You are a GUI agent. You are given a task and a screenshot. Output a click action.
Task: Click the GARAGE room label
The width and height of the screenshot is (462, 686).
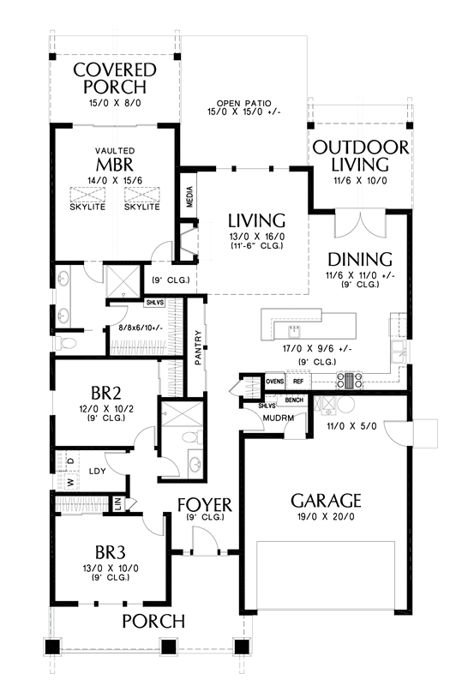(326, 501)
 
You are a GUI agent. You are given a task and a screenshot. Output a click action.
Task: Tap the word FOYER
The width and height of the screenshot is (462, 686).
(204, 505)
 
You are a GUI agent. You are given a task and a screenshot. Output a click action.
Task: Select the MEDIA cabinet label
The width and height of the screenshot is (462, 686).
(189, 196)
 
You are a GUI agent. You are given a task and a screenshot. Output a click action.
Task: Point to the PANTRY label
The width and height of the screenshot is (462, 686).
(198, 347)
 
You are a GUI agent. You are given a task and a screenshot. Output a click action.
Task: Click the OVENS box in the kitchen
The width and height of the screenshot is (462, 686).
(275, 382)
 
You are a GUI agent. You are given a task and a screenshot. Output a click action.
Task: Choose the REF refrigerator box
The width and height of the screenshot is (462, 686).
(298, 382)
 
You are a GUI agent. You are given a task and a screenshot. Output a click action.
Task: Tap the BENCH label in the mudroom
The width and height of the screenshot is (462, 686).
(294, 400)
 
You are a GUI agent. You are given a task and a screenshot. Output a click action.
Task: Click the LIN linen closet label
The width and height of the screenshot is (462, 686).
(117, 503)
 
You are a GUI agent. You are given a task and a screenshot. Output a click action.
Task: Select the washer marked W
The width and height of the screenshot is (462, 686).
(69, 481)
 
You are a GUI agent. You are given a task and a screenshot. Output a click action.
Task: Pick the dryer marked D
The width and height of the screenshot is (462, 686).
(70, 460)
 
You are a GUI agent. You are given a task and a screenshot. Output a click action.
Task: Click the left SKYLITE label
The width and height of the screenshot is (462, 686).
(87, 207)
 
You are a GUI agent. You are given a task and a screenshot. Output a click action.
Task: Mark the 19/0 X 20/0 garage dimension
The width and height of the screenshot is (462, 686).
(326, 517)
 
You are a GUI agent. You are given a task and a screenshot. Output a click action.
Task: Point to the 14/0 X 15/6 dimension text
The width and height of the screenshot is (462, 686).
(115, 180)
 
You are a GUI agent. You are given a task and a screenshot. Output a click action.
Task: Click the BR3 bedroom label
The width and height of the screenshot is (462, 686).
(111, 552)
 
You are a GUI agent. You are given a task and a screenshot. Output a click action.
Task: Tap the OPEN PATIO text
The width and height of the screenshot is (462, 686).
(244, 103)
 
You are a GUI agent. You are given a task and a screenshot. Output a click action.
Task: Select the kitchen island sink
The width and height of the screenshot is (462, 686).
(295, 332)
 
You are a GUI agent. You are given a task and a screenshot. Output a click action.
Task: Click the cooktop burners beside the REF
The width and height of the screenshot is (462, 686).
(349, 381)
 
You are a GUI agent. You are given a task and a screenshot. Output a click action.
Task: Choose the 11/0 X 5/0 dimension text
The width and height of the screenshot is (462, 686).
(351, 425)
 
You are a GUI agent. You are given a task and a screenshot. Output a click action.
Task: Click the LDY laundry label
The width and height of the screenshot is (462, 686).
(97, 471)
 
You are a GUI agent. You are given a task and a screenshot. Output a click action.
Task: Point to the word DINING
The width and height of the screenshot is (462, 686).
(360, 260)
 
